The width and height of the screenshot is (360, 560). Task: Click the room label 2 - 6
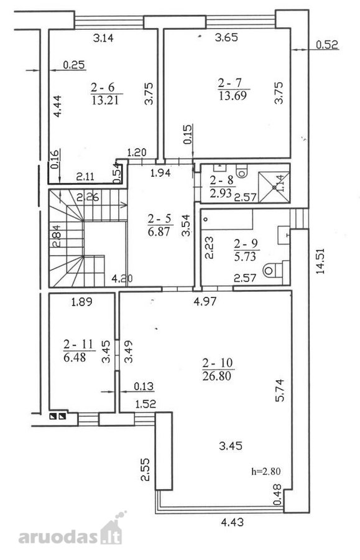(102, 86)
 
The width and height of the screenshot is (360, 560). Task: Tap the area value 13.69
(233, 95)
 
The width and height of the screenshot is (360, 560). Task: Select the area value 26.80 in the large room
(216, 375)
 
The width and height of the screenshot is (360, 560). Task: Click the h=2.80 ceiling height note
(266, 471)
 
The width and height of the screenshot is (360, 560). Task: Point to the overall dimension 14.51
(320, 261)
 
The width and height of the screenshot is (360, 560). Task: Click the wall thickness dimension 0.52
(327, 44)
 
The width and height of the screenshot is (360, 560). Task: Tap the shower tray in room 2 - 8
(274, 187)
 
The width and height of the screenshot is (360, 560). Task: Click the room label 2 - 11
(78, 344)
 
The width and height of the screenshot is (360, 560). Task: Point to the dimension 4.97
(205, 301)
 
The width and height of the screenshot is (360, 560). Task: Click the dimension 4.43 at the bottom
(233, 522)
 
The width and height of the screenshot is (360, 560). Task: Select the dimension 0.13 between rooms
(144, 386)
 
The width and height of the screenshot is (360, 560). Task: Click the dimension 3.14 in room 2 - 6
(103, 37)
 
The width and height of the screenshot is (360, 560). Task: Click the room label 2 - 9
(246, 243)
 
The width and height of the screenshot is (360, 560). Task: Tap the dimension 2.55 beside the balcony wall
(145, 470)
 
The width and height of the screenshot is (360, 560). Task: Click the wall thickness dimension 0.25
(74, 65)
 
